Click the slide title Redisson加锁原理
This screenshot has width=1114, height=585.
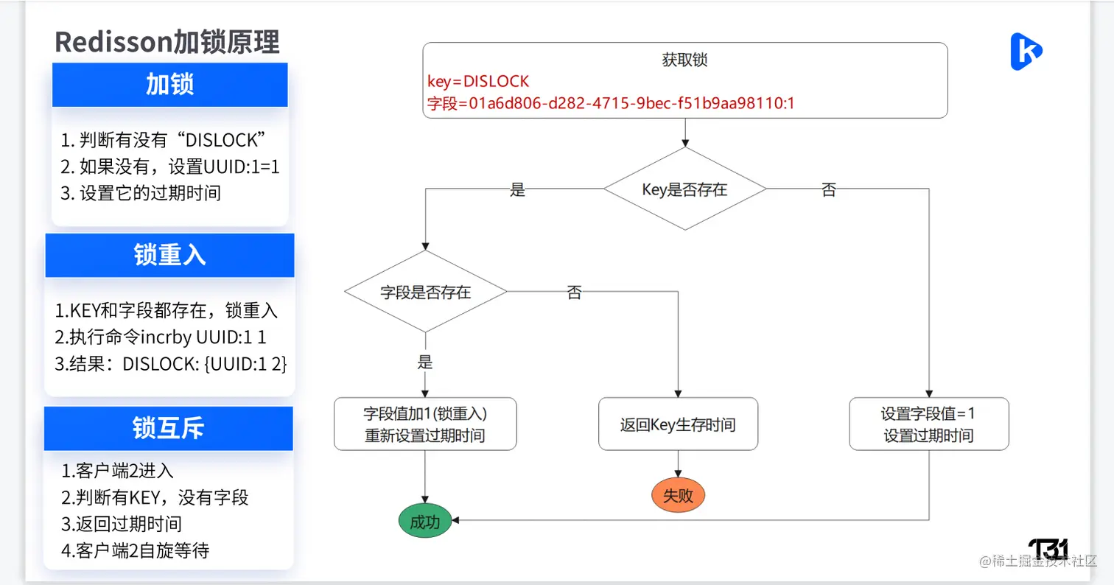coord(167,42)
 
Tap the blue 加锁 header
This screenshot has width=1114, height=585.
coord(169,85)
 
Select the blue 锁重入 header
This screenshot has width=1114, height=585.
coord(169,255)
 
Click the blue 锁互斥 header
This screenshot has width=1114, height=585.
coord(169,429)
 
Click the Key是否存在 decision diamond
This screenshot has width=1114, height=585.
coord(684,189)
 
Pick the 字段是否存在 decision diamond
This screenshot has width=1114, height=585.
coord(425,292)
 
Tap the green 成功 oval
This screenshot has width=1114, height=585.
coord(424,522)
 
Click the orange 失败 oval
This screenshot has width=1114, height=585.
coord(678,495)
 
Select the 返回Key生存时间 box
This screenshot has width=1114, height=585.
coord(678,424)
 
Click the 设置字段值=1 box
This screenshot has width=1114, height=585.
coord(928,424)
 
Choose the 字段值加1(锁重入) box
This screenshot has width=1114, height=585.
coord(425,424)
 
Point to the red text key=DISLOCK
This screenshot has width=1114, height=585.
coord(478,81)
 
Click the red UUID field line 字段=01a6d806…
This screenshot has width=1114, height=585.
coord(611,104)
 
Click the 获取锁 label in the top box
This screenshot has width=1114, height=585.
coord(684,60)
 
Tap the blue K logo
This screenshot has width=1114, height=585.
coord(1026,52)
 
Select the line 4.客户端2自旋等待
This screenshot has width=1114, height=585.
coord(136,550)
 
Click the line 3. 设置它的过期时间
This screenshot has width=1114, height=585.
coord(141,194)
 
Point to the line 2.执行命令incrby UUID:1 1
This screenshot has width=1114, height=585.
coord(160,337)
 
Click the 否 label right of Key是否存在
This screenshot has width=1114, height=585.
coord(828,190)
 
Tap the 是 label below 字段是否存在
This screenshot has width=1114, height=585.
coord(425,362)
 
